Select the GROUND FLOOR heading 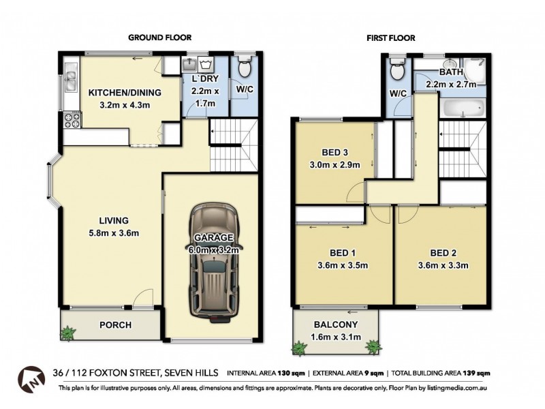click(x=159, y=38)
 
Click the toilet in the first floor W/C click(x=396, y=70)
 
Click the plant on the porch click(x=68, y=333)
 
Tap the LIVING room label click(x=113, y=220)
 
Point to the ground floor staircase click(x=233, y=147)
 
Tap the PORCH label click(x=116, y=324)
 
